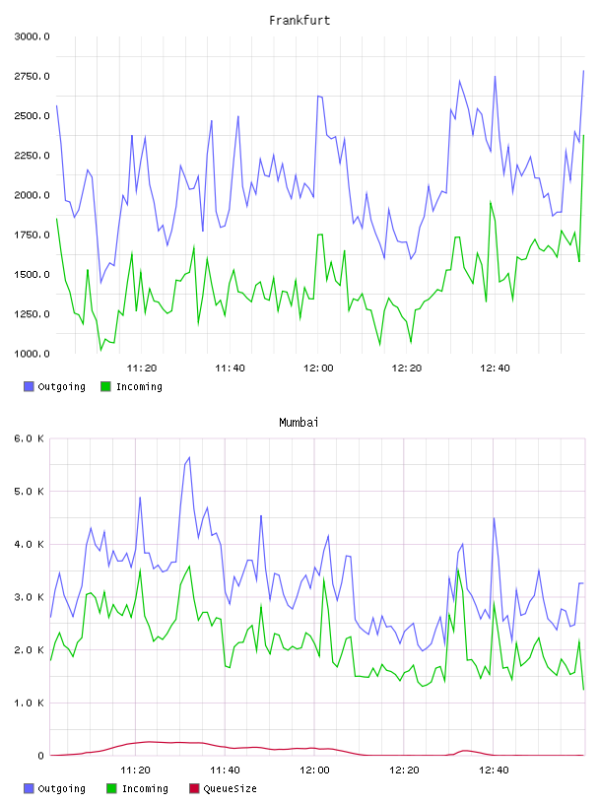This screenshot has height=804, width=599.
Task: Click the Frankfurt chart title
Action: click(299, 20)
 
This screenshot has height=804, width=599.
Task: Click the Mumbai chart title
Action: click(299, 422)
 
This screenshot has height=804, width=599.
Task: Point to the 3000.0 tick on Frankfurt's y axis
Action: click(32, 36)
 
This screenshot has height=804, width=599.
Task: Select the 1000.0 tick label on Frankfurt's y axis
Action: click(32, 354)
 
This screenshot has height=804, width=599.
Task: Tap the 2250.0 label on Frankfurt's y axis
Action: click(32, 156)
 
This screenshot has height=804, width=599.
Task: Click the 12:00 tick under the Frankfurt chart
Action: click(318, 368)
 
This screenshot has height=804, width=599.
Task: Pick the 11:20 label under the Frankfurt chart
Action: click(142, 368)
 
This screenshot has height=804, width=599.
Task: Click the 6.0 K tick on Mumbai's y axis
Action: click(30, 438)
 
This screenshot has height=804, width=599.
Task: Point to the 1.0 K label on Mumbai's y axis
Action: click(30, 703)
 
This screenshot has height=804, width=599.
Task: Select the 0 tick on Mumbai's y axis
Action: click(40, 756)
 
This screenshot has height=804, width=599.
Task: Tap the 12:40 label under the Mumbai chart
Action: click(494, 770)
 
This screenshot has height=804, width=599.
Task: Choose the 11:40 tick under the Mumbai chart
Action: click(225, 770)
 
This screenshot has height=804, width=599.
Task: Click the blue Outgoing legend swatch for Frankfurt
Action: click(29, 386)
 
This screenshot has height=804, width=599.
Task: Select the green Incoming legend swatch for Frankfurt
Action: click(105, 386)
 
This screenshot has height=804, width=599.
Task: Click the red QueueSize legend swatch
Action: click(194, 788)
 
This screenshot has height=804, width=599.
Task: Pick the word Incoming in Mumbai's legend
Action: click(145, 788)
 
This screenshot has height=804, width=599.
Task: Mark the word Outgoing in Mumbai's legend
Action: click(61, 788)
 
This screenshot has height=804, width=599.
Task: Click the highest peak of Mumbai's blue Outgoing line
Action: click(189, 457)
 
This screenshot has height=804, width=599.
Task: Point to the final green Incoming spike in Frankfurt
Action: click(583, 135)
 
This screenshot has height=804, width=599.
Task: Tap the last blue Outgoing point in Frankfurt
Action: click(583, 71)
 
